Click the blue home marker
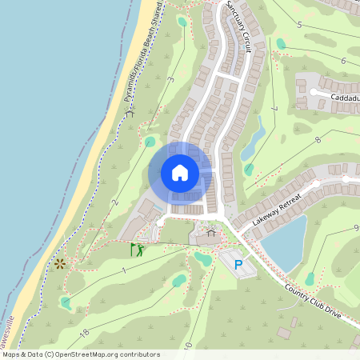(180, 172)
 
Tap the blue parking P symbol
(238, 264)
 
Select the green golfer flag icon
(137, 250)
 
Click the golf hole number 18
(83, 332)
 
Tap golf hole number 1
(125, 270)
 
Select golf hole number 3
(171, 79)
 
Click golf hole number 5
(298, 25)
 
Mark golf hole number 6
(342, 61)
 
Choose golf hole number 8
(317, 140)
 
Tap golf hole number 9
(355, 228)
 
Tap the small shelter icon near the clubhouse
(211, 232)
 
